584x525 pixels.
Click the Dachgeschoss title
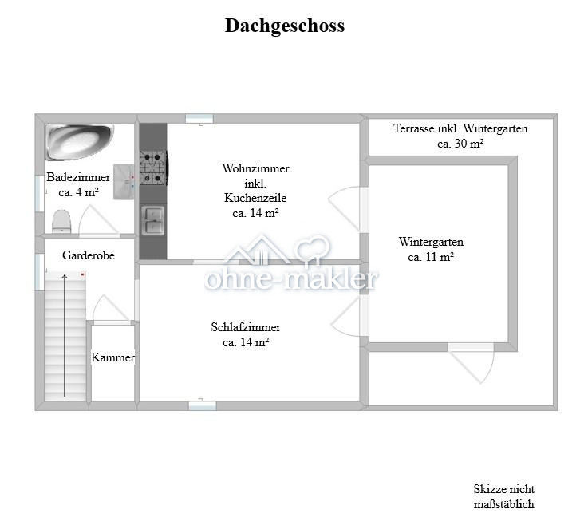coord(285,26)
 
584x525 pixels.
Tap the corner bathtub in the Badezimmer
coord(77,142)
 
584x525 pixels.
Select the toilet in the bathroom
coord(62,221)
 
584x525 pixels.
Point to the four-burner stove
coord(152,166)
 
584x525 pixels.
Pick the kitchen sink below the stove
coord(152,219)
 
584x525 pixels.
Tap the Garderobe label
coord(88,255)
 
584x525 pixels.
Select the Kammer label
coord(112,357)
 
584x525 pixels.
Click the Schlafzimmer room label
coord(246,327)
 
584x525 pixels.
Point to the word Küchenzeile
coord(255,198)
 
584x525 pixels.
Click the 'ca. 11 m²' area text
coord(431,257)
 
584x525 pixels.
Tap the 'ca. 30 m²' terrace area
coord(460,144)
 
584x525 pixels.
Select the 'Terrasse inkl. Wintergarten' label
coord(460,128)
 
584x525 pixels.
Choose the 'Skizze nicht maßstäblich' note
coord(503,496)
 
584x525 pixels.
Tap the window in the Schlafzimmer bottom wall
coord(202,405)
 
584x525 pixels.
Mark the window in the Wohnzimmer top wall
coord(199,119)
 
